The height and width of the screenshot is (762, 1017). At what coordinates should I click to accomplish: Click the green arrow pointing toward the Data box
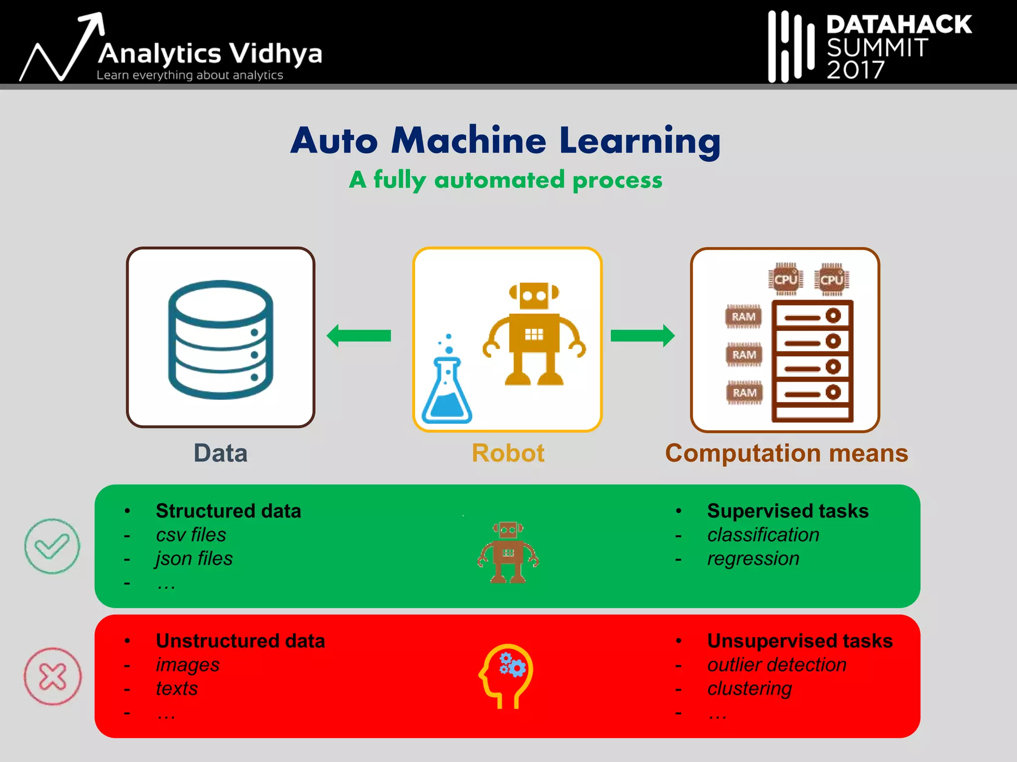[359, 336]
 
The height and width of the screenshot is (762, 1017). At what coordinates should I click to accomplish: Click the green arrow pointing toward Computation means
[643, 336]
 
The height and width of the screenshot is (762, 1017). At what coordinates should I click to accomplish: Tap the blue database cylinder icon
[220, 339]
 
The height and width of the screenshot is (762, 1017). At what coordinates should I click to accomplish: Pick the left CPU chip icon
[786, 279]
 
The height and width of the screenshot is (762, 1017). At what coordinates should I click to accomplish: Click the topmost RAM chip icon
[743, 317]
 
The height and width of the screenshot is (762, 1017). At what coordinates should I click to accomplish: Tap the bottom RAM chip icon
[744, 393]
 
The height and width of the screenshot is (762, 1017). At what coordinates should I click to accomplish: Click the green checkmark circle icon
[52, 546]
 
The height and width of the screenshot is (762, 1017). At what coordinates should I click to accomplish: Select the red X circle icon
[53, 676]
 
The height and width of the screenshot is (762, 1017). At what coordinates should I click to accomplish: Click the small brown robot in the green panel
[508, 552]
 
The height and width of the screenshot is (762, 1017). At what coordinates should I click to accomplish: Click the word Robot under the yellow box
[508, 453]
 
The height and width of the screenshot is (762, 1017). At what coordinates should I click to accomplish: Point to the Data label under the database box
[220, 453]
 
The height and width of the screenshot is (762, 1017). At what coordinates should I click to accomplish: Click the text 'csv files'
[191, 535]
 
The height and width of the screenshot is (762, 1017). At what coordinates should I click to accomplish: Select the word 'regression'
[753, 559]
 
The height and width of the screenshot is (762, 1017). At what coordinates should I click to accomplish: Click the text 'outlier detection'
[777, 665]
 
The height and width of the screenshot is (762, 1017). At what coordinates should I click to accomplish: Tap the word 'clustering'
[749, 689]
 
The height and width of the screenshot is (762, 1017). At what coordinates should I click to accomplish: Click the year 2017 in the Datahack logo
[855, 70]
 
